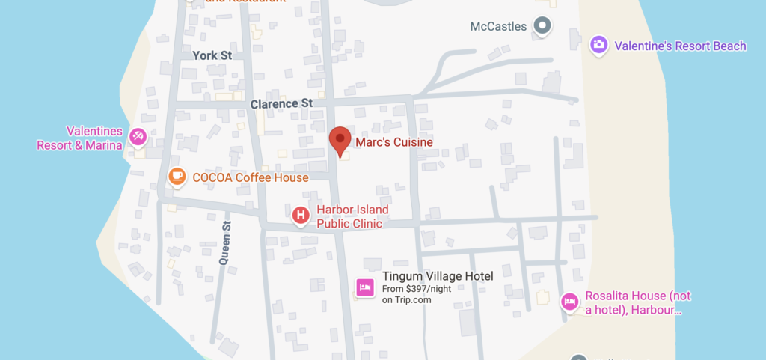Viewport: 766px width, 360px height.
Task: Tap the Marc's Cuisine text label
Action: tap(393, 142)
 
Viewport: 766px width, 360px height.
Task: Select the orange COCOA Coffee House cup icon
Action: tap(177, 177)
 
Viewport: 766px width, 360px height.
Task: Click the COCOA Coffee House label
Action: tap(250, 177)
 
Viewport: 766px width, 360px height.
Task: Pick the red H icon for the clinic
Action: tap(301, 216)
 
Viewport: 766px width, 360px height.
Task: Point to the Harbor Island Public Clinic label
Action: tap(352, 217)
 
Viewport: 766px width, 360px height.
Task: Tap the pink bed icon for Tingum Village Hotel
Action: tap(365, 287)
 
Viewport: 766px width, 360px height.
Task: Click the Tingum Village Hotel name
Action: tap(438, 276)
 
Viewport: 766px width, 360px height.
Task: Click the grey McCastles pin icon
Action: tap(542, 26)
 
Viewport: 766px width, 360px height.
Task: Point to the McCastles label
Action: tap(498, 27)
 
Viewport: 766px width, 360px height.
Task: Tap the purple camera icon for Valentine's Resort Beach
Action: tap(598, 46)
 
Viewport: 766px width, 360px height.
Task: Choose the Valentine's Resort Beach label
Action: tap(680, 46)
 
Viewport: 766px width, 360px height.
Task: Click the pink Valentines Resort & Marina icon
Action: tap(138, 136)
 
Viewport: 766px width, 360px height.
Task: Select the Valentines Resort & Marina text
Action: tap(80, 138)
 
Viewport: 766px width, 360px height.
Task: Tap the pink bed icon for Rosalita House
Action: tap(570, 302)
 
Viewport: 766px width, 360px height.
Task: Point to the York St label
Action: tap(212, 55)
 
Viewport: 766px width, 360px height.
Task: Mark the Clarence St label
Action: tap(281, 103)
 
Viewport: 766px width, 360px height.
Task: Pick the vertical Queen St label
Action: tap(224, 244)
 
